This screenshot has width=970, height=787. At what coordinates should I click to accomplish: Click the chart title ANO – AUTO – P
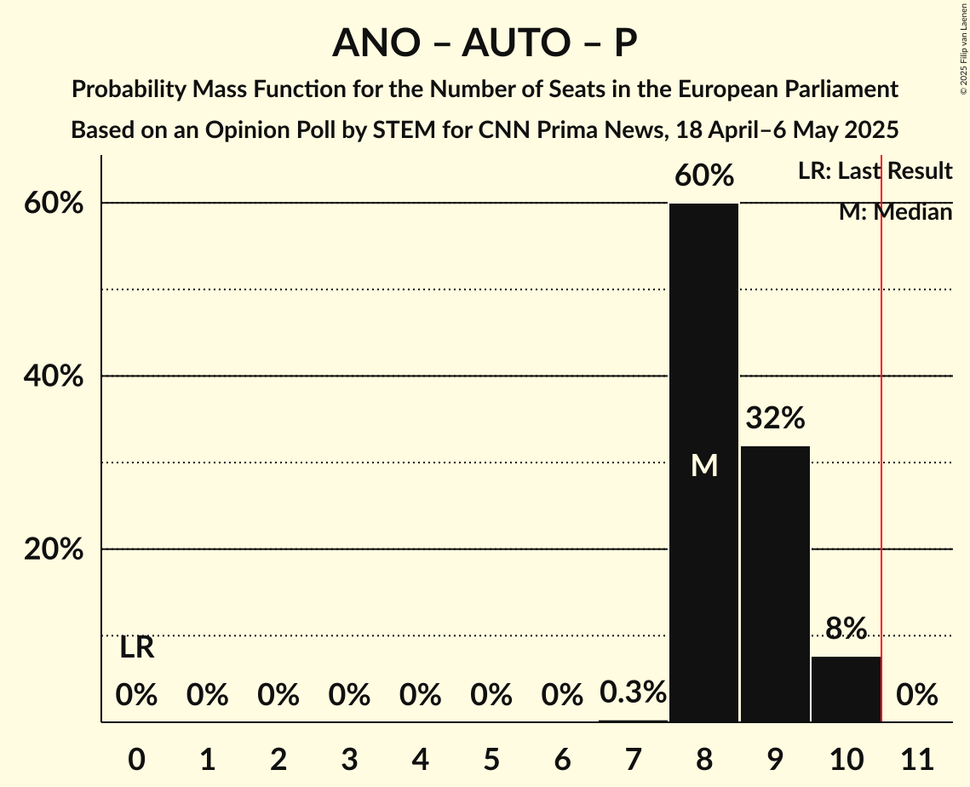[x=485, y=43]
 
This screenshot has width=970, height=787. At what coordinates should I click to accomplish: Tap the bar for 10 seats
[x=846, y=689]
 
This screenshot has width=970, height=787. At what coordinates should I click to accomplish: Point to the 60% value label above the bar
[x=703, y=175]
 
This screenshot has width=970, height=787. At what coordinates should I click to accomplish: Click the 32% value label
[x=775, y=418]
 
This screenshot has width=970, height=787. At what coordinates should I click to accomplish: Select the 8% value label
[x=846, y=629]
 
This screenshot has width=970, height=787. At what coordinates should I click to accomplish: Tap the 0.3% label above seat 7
[x=633, y=692]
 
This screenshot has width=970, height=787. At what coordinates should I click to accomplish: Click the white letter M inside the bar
[x=704, y=465]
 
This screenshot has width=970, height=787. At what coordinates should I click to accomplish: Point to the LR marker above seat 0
[x=136, y=648]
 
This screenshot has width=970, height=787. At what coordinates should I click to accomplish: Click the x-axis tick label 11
[x=917, y=756]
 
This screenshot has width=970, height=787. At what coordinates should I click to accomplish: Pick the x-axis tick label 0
[x=136, y=756]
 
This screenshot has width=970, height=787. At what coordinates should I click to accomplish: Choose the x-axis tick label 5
[x=491, y=756]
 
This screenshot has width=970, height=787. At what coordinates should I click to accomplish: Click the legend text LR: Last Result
[x=875, y=171]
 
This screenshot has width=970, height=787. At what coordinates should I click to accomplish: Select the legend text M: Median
[x=895, y=212]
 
